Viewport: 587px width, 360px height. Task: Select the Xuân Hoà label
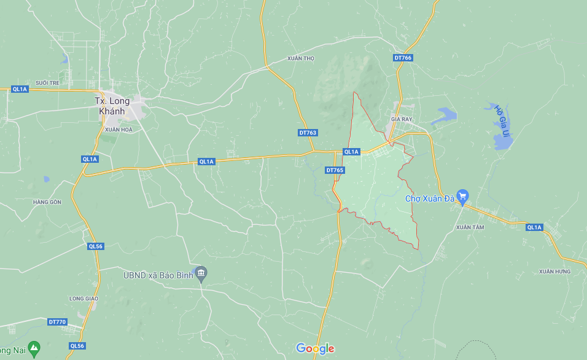[x=119, y=130]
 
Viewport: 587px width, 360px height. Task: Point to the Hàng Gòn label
[x=47, y=202]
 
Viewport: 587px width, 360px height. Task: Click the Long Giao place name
[x=84, y=299]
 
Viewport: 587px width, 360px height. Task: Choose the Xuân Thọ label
[x=300, y=58]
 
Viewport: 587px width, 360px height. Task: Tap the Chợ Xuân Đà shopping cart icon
[x=463, y=197]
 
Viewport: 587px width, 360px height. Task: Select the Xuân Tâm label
[x=470, y=227]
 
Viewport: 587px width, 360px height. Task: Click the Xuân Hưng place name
[x=554, y=272]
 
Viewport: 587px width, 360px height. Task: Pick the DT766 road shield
[x=403, y=58]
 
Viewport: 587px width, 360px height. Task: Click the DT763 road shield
[x=308, y=133]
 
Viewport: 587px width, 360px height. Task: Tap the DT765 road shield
[x=335, y=170]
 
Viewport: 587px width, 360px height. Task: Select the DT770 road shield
[x=56, y=322]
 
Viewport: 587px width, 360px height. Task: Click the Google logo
[x=315, y=349]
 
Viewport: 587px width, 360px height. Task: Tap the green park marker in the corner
[x=34, y=348]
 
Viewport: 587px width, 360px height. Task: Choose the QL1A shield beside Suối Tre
[x=20, y=89]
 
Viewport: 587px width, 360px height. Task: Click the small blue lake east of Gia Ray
[x=445, y=115]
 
